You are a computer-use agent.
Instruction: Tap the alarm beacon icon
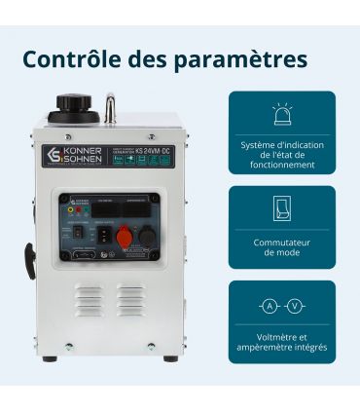(282, 115)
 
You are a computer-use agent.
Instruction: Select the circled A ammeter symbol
(269, 306)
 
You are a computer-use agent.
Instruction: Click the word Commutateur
(282, 242)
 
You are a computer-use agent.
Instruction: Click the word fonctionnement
(282, 165)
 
